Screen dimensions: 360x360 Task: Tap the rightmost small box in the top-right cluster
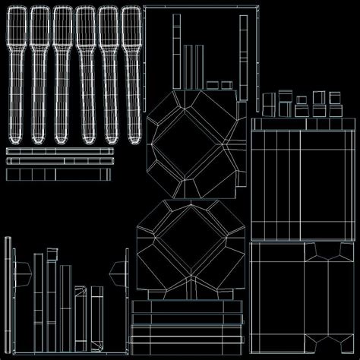333,98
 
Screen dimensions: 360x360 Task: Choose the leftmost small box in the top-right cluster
270,102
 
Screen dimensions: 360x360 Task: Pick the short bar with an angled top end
96,315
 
